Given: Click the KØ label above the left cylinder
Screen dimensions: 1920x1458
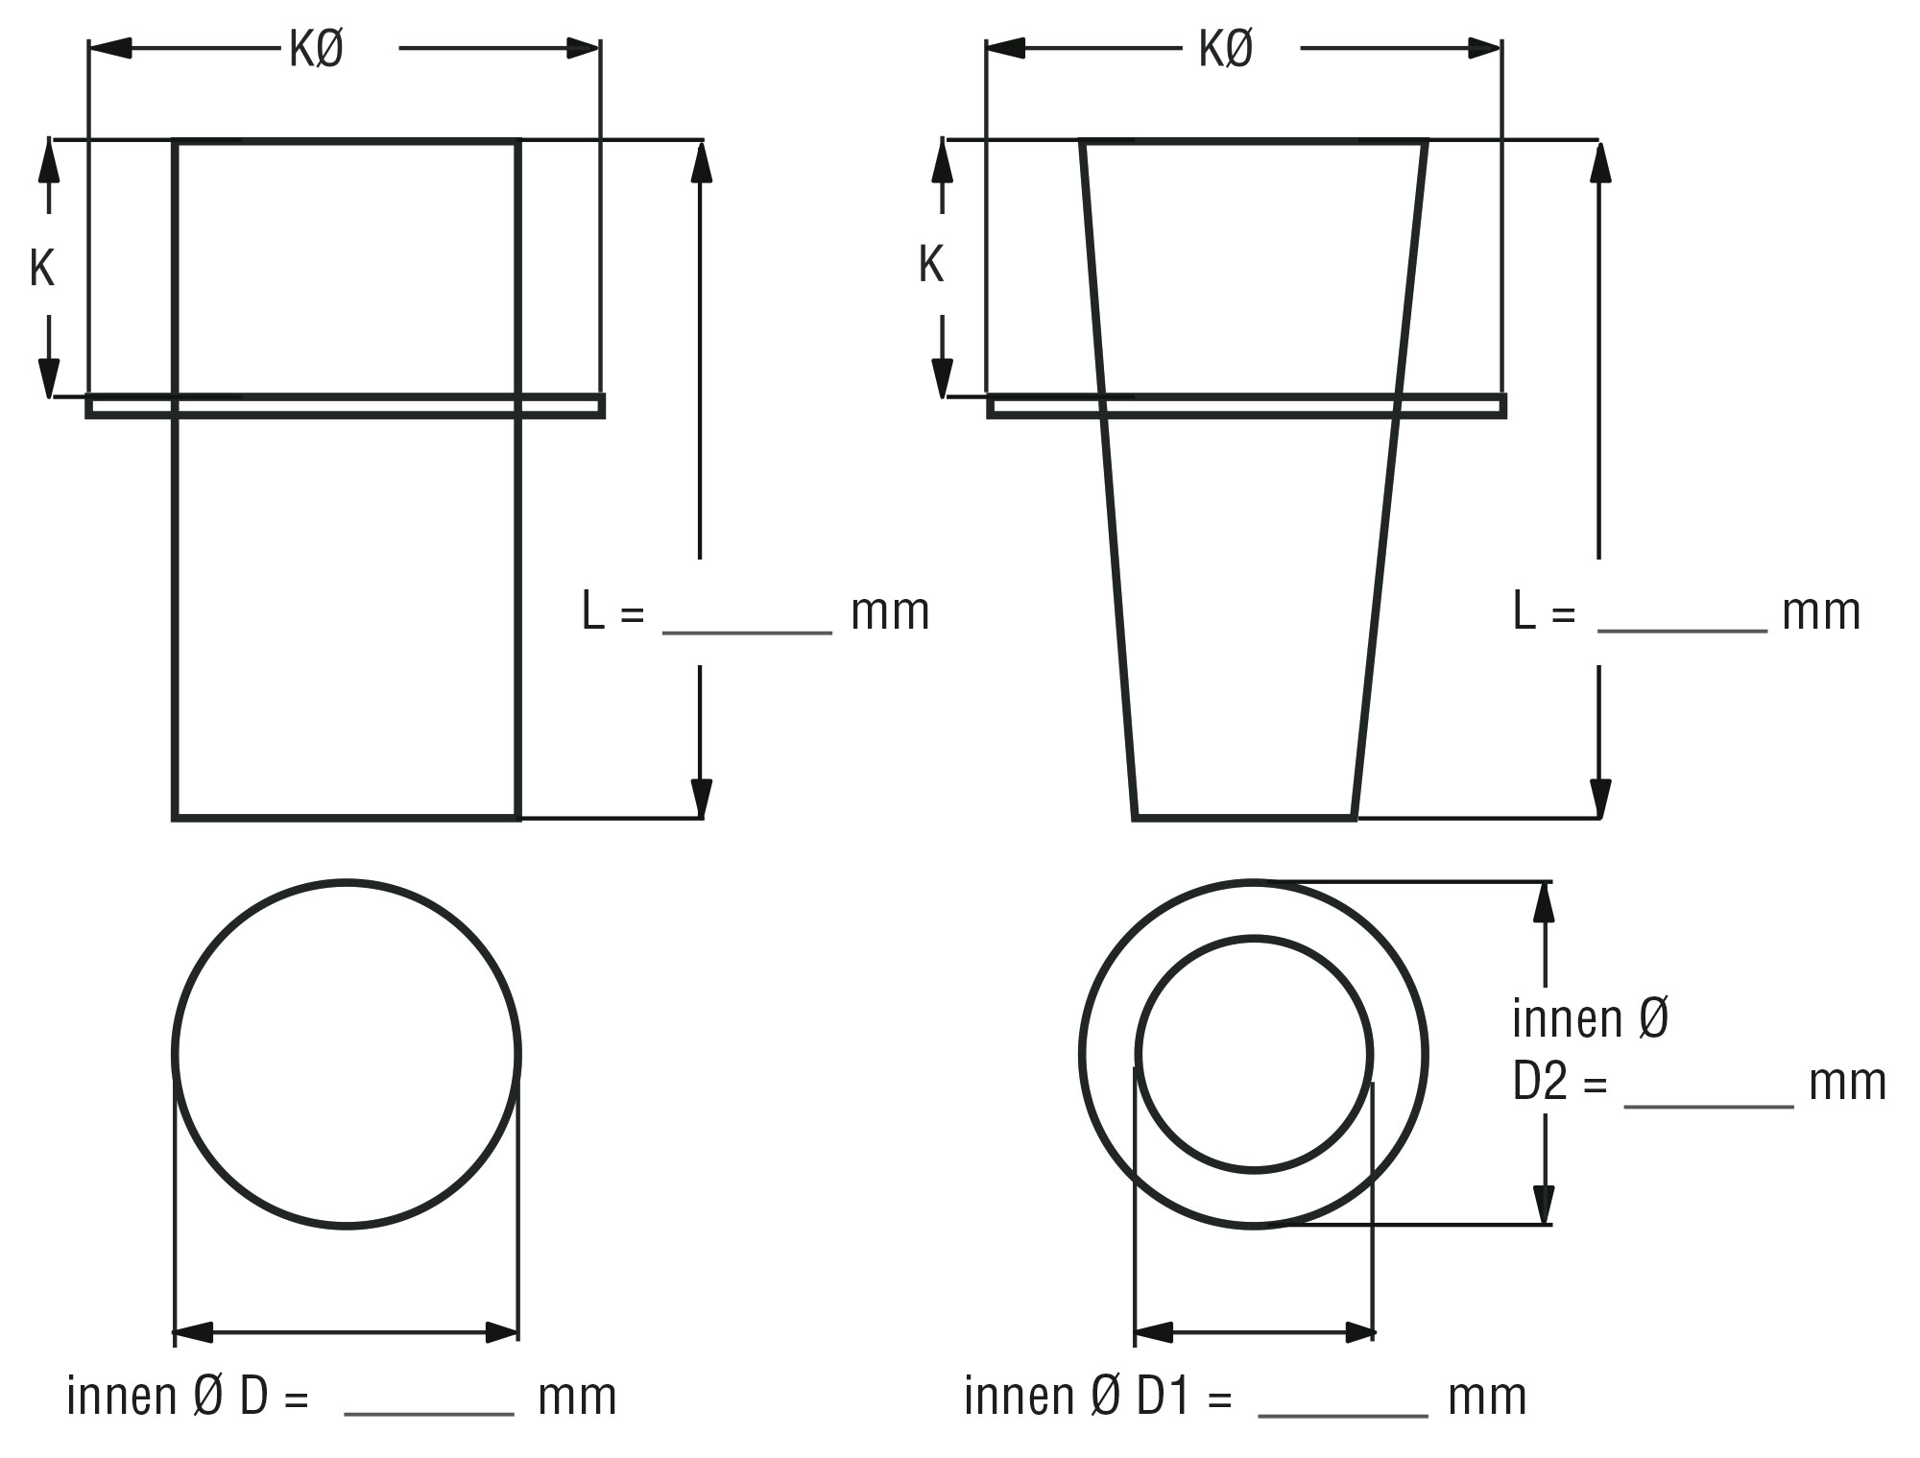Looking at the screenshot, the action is point(316,49).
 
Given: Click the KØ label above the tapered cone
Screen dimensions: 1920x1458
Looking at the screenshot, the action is point(1226,49).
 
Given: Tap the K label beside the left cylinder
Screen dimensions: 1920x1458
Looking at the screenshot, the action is point(41,269).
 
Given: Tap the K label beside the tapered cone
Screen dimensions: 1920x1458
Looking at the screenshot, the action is point(931,264).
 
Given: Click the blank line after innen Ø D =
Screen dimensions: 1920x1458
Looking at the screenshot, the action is point(429,1414).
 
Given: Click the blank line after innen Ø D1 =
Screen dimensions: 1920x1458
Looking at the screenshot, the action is point(1343,1415).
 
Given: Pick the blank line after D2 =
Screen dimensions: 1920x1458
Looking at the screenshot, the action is point(1709,1107).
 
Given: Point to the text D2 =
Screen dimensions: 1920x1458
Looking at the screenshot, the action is point(1559,1082).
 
